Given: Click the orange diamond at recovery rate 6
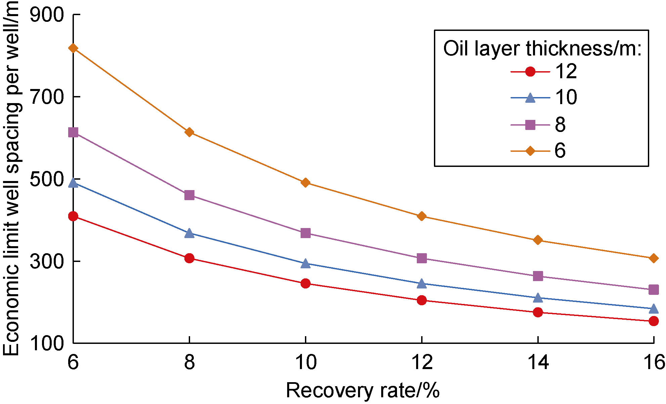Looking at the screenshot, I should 73,48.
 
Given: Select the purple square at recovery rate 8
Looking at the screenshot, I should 189,195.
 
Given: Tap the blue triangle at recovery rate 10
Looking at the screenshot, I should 306,264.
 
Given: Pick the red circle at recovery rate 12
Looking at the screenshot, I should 422,300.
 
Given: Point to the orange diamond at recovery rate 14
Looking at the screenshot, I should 538,240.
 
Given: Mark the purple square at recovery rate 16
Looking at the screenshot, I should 654,289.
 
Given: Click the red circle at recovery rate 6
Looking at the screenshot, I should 73,216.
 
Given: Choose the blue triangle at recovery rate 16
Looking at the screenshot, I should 654,309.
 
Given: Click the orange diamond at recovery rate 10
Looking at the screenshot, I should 306,183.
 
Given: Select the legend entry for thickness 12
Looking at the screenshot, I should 544,72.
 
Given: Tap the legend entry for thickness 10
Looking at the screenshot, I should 544,98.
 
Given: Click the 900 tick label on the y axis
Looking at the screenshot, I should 47,15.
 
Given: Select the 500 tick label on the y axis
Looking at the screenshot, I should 47,179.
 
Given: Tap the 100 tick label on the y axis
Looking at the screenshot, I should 47,343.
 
